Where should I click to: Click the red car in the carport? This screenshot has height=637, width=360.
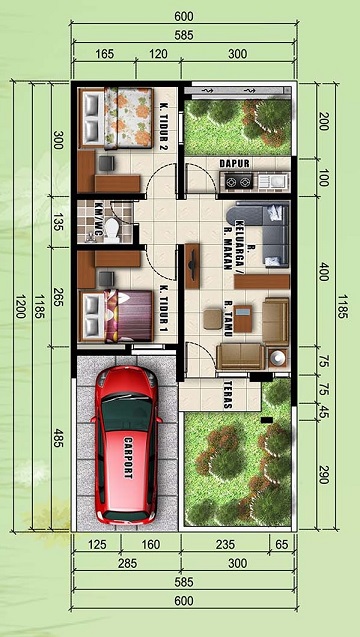[126, 445]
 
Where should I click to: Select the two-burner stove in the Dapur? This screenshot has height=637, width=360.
[238, 181]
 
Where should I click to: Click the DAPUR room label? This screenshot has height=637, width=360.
[234, 163]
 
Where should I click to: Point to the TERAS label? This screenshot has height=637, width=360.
[228, 394]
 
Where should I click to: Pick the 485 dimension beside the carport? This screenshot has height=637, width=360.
[58, 438]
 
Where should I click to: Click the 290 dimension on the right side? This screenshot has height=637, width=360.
[323, 475]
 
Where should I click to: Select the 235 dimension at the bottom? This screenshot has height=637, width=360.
[225, 544]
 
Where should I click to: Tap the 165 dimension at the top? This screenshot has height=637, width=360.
[104, 54]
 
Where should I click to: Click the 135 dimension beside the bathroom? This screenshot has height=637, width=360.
[58, 222]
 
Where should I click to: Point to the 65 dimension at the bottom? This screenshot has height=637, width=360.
[282, 544]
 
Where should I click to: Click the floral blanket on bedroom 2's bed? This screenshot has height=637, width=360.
[128, 117]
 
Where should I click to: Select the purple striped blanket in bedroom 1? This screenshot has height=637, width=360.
[129, 315]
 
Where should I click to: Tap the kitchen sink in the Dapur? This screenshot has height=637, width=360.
[273, 181]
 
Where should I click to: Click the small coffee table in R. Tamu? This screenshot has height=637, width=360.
[243, 318]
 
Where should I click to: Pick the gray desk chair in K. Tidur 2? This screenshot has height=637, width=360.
[106, 163]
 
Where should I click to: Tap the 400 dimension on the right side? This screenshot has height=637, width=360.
[323, 271]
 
